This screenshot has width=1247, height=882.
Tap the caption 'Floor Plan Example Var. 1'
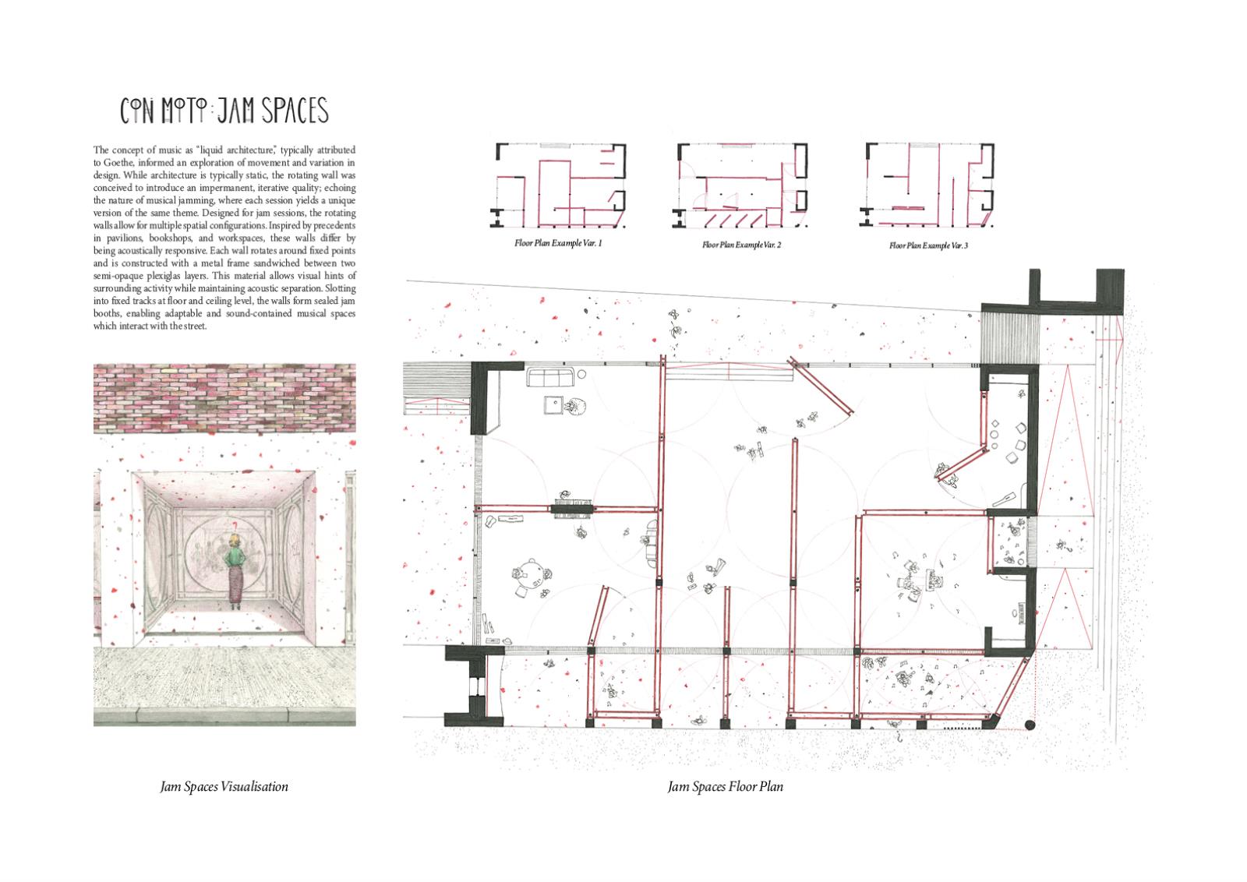(558, 243)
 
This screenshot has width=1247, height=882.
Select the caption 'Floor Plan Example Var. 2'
(741, 245)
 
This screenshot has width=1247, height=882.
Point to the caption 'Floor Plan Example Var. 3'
(928, 245)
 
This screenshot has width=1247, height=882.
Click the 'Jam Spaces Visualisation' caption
(224, 787)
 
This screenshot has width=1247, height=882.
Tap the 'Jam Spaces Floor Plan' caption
(726, 787)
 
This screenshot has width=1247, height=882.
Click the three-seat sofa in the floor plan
(550, 377)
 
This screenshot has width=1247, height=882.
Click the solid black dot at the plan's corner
(1030, 725)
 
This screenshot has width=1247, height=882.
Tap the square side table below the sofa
(553, 404)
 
